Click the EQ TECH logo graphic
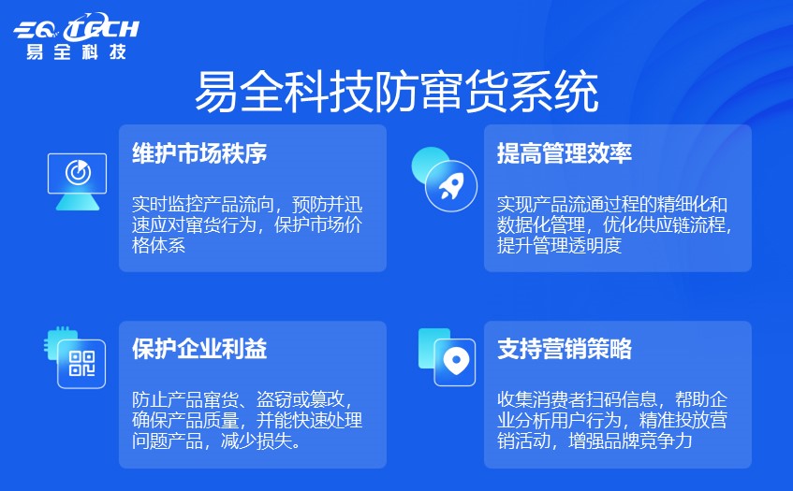coord(76,27)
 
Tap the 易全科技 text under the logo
coord(77,51)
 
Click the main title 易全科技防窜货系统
coord(397,92)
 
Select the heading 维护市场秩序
coord(199,153)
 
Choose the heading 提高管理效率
coord(565,153)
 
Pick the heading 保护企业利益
coord(199,349)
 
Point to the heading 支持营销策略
coord(565,349)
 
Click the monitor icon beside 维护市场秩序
coord(78,181)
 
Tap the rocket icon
coord(451,186)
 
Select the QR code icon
coord(81,364)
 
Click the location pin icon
coord(455,362)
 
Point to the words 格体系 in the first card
coord(159,245)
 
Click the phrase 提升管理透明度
coord(559,245)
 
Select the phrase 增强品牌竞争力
coord(630,441)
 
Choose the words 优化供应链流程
coord(664,224)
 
